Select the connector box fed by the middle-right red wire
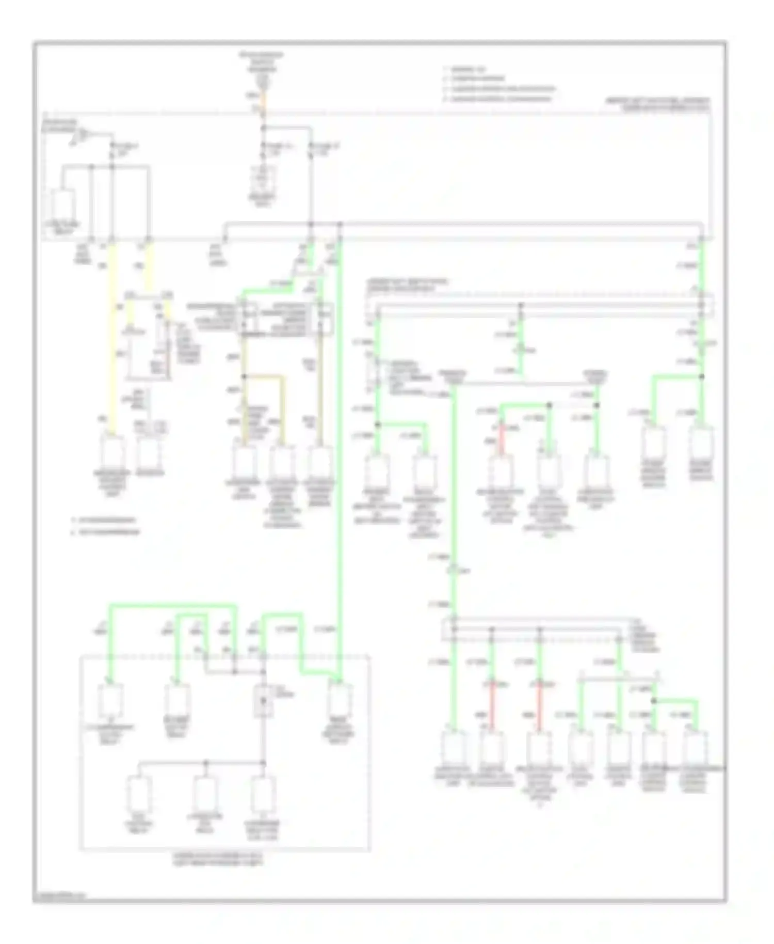tap(499, 471)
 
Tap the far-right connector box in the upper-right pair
tap(701, 443)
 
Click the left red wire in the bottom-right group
tap(492, 705)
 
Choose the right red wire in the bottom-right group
tap(539, 705)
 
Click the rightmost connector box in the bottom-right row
tap(696, 748)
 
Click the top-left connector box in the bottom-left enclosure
tap(110, 700)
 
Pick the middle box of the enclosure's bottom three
tap(206, 794)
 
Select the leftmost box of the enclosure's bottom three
tap(139, 794)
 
